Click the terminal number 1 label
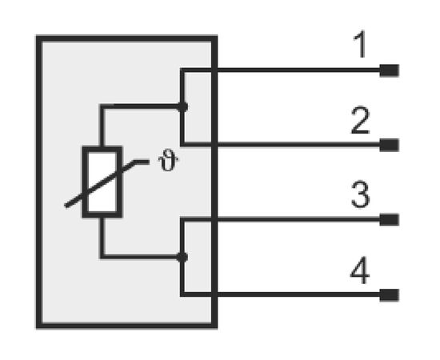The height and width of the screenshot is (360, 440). pos(361,44)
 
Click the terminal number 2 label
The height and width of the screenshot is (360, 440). pos(361,120)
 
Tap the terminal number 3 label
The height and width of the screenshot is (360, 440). pos(361,194)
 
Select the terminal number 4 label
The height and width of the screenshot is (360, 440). pos(360,270)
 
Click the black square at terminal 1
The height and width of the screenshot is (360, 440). pos(390,70)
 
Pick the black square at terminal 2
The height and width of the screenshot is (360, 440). pos(390,145)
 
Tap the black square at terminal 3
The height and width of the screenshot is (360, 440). pos(390,220)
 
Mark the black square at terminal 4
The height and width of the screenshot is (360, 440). pos(390,295)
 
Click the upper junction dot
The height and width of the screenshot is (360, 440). pos(182,106)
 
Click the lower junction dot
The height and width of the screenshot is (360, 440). pos(182,257)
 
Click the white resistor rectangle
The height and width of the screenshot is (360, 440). pos(102,182)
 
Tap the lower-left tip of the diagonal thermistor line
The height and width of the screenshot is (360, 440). pos(66,206)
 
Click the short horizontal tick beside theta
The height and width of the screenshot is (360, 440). pos(142,162)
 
